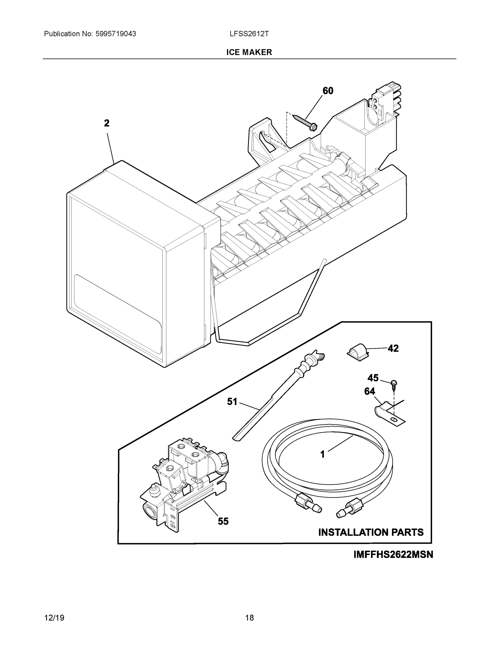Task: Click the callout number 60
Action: click(x=328, y=91)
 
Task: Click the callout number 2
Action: click(x=107, y=123)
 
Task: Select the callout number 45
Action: click(x=373, y=378)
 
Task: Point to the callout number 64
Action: click(x=370, y=391)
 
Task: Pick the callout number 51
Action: click(x=232, y=401)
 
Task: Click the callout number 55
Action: click(x=223, y=521)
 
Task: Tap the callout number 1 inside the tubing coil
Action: click(x=323, y=454)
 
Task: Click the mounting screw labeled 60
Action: click(x=305, y=122)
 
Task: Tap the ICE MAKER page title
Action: click(x=249, y=52)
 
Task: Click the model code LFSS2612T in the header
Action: click(x=249, y=34)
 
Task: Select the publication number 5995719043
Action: click(x=116, y=34)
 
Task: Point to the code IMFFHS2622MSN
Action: click(x=393, y=554)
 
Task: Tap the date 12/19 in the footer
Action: click(x=54, y=618)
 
